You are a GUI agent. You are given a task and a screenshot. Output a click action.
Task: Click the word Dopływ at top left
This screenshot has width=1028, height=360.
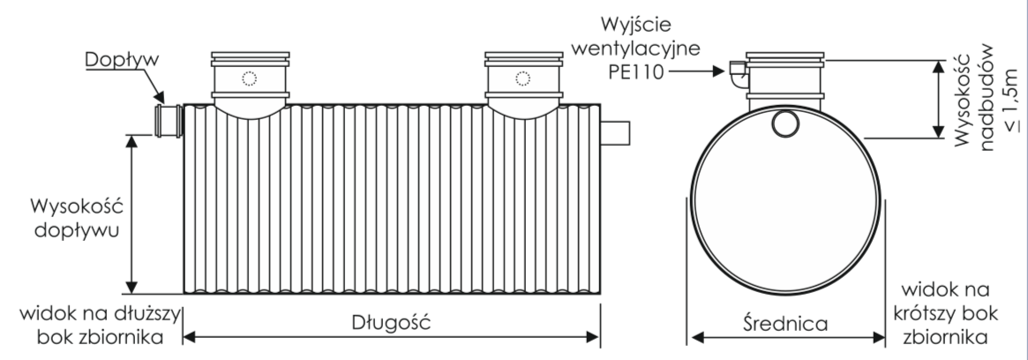pos(122,60)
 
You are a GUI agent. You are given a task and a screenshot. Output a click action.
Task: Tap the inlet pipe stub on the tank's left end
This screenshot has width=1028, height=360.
pos(169,121)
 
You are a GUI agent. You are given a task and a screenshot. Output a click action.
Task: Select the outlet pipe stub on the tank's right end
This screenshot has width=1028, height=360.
pos(615,133)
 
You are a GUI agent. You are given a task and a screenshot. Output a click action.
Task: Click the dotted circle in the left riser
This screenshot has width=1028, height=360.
pos(249,79)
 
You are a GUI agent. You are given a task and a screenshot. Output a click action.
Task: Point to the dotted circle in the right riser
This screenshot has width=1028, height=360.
pos(522,79)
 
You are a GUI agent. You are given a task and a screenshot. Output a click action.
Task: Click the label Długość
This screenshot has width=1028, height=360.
pos(392,323)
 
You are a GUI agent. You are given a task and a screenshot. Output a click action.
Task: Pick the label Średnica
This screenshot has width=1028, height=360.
pos(786,323)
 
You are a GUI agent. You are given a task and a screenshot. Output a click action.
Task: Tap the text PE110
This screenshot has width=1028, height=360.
pos(636,71)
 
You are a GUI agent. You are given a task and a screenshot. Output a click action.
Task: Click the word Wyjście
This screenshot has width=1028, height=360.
pos(636,26)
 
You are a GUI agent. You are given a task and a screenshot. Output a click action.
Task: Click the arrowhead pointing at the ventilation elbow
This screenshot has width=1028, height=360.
pos(718,71)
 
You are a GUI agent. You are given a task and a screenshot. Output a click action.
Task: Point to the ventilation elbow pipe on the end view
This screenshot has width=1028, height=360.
pos(739,75)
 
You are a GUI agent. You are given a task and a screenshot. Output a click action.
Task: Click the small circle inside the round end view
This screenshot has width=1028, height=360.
pos(784,124)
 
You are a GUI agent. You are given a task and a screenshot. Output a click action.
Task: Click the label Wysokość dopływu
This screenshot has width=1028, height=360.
pos(78,219)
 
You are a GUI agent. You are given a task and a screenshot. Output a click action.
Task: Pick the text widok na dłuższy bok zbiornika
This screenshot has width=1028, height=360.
pos(100,326)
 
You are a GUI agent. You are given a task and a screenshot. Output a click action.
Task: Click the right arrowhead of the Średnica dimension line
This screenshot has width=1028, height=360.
pos(879,338)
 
